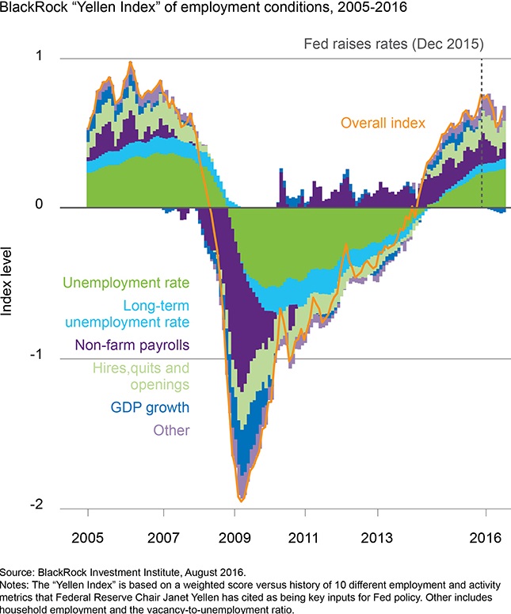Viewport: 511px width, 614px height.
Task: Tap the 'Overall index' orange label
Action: (383, 123)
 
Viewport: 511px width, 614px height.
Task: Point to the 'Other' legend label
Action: (173, 430)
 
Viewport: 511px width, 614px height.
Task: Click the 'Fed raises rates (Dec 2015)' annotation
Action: (394, 43)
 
